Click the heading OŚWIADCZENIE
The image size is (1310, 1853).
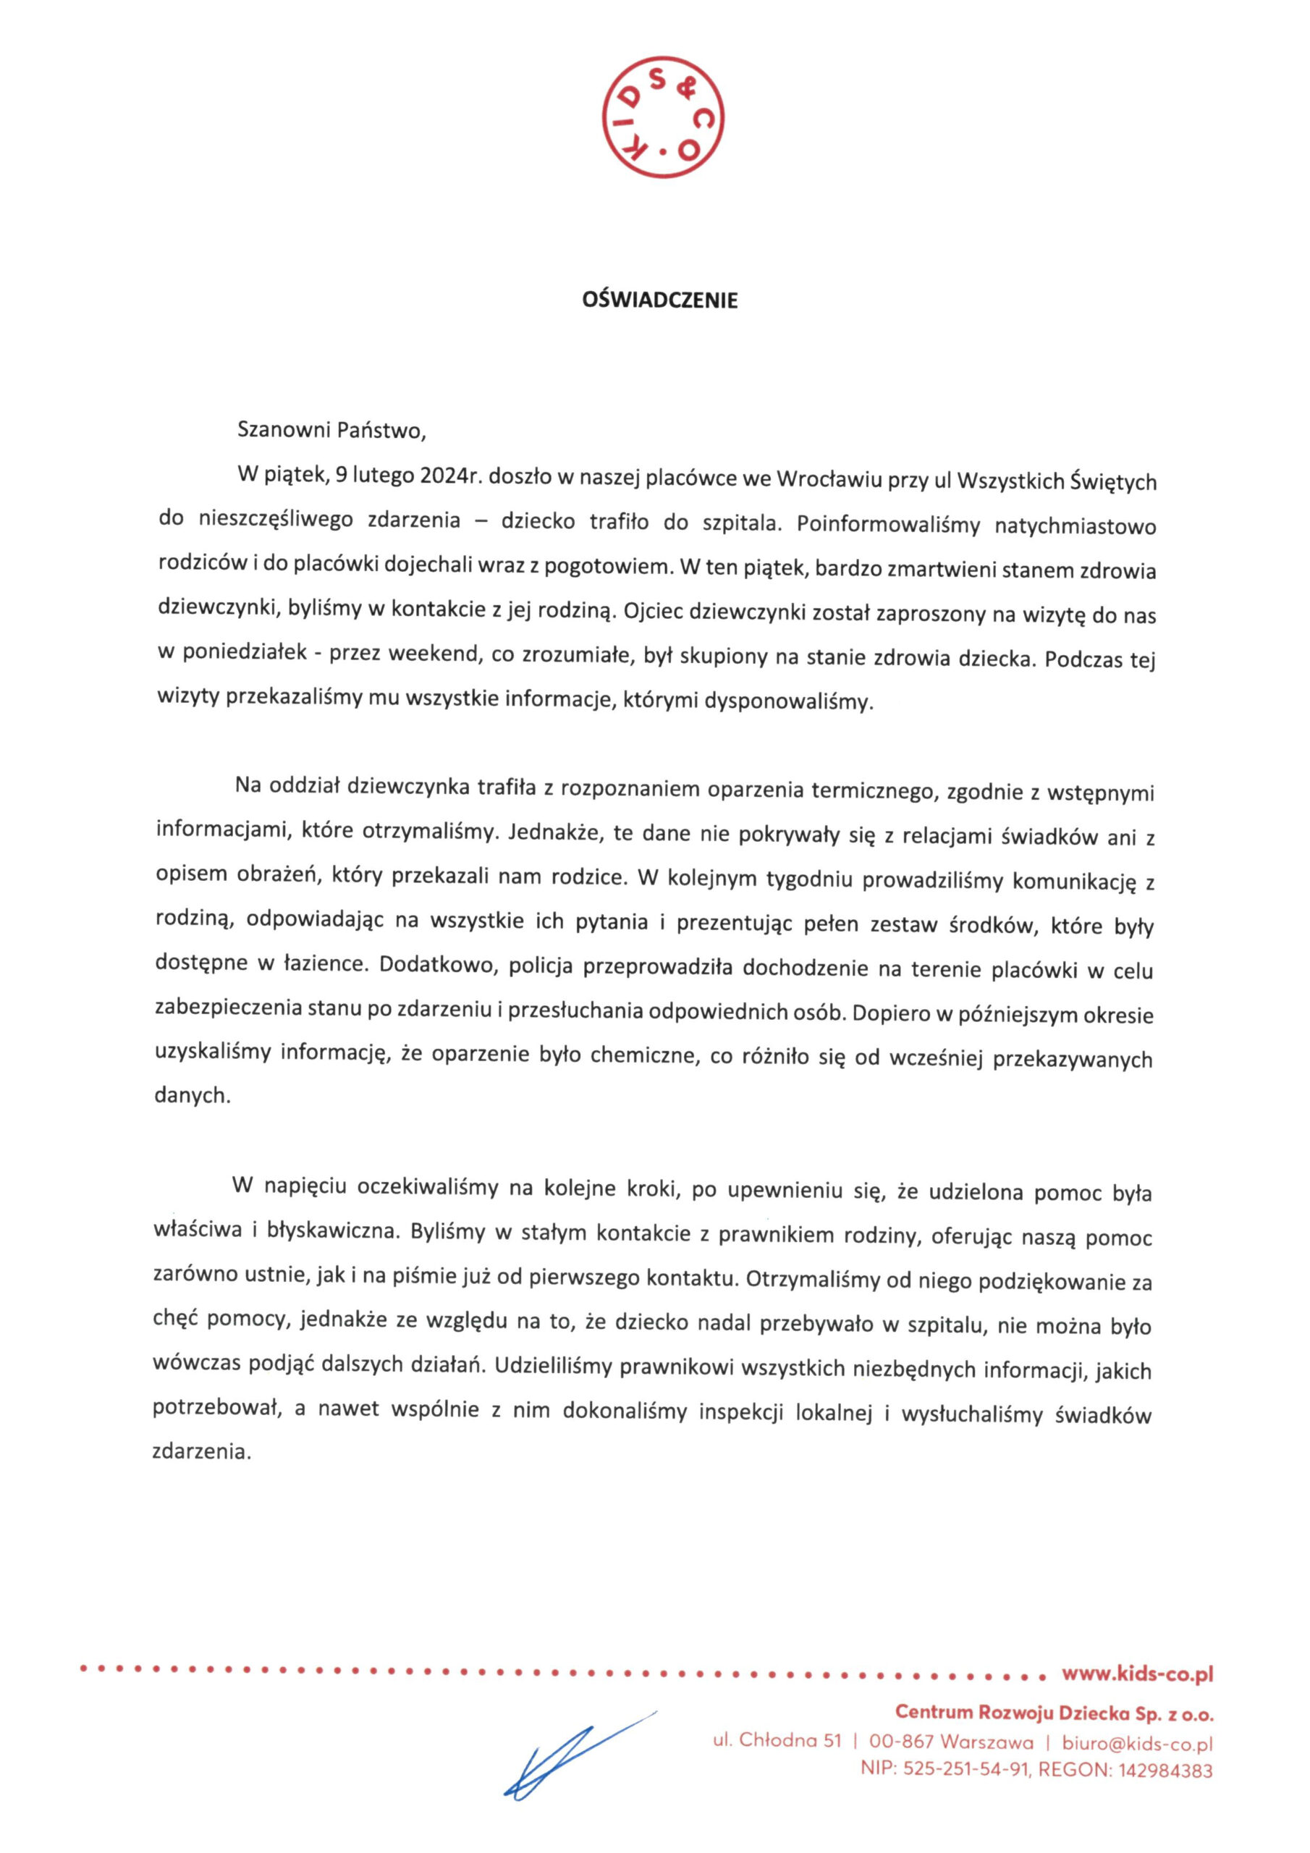click(660, 301)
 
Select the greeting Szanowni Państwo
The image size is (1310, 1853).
click(330, 431)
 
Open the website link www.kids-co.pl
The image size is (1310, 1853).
click(1137, 1675)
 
